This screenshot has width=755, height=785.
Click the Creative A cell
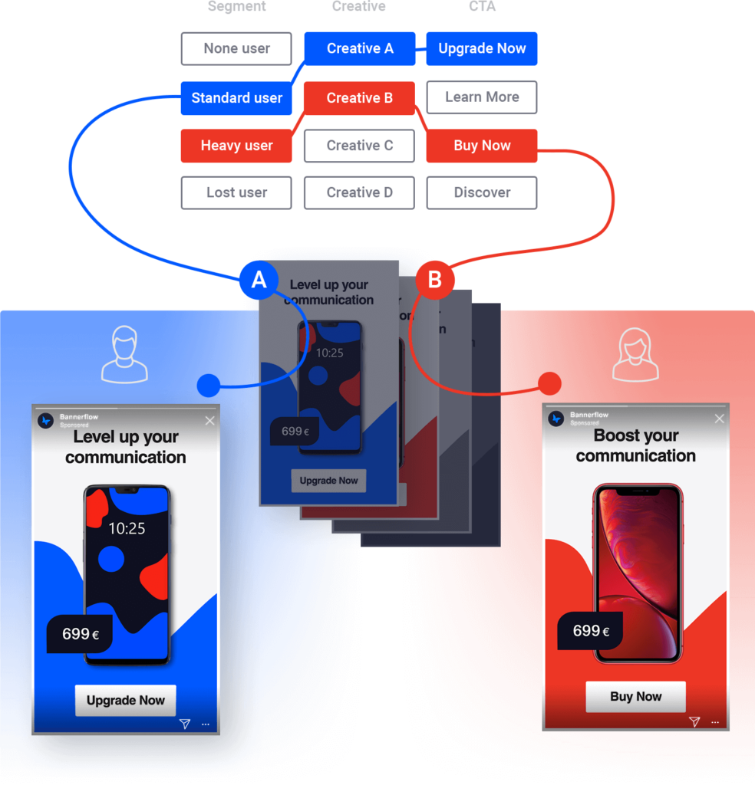pos(360,49)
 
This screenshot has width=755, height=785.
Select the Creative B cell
pos(360,98)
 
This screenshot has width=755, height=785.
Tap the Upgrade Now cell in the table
pos(482,49)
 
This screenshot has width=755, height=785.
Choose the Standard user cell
pos(236,98)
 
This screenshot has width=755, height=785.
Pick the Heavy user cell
pos(236,146)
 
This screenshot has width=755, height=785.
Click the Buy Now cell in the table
pos(482,146)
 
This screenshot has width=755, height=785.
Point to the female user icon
pos(635,354)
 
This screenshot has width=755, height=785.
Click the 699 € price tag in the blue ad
pos(80,634)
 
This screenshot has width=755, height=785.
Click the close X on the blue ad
pos(209,421)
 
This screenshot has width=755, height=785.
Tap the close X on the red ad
pos(719,419)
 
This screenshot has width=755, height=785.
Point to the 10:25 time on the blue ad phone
pos(127,528)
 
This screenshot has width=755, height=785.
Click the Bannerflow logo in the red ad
pos(556,419)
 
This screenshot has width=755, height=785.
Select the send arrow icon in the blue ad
pos(184,724)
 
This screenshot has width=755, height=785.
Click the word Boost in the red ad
pos(615,436)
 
